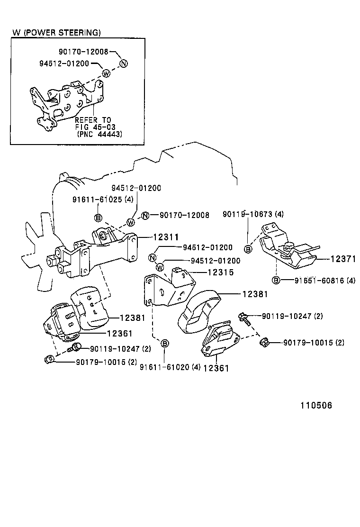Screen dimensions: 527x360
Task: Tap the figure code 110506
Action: point(315,406)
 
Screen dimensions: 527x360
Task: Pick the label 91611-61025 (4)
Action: point(103,200)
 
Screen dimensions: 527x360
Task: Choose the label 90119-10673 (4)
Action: point(253,215)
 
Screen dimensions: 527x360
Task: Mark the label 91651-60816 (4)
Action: point(324,281)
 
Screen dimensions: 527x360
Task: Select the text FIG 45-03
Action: point(95,127)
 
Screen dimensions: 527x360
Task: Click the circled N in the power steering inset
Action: point(123,64)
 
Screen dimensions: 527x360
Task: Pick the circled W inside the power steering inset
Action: point(106,73)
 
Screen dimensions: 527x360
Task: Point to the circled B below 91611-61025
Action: point(98,218)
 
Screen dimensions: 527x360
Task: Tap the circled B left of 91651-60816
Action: point(276,280)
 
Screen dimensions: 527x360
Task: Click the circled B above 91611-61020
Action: point(164,344)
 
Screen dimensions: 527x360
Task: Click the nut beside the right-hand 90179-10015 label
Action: point(264,342)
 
